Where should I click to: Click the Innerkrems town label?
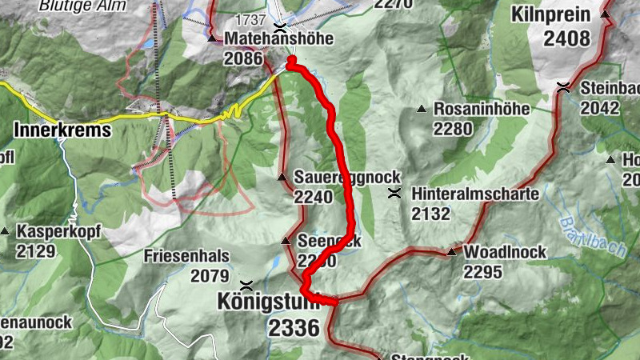(62, 130)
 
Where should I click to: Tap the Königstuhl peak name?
(268, 302)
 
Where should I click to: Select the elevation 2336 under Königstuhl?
(294, 327)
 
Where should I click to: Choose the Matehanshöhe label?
(267, 38)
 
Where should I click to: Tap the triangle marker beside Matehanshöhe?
(212, 38)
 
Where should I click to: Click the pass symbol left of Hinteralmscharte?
(394, 194)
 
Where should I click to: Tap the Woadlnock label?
(505, 252)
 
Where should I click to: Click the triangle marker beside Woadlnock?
(451, 252)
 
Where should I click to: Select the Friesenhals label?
(187, 256)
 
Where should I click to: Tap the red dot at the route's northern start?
(291, 61)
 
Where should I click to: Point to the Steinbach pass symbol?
(565, 87)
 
